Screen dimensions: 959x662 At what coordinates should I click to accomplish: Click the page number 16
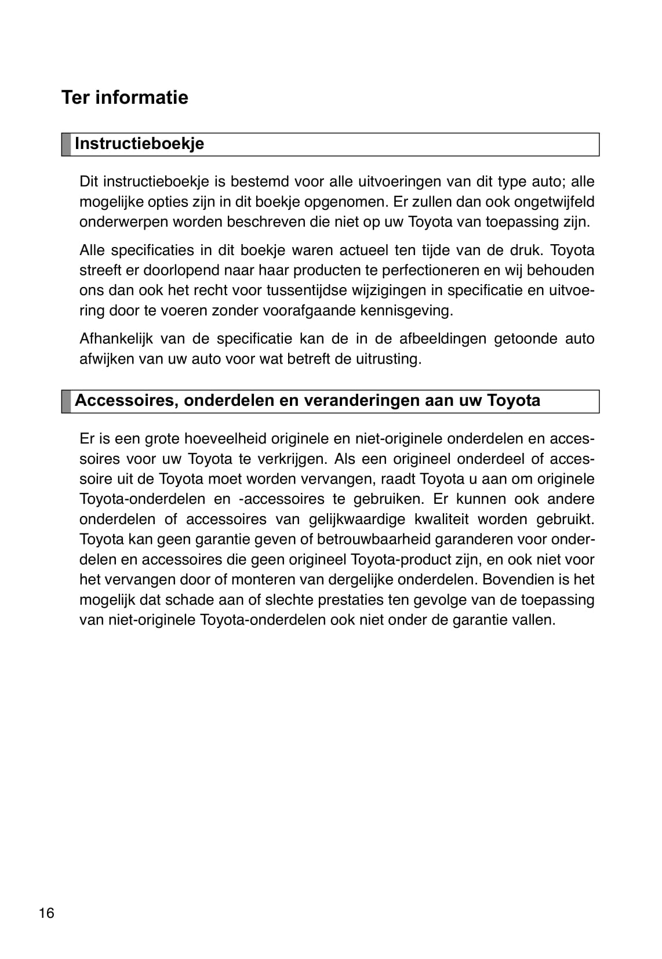46,913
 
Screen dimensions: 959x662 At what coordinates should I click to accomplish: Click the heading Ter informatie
125,97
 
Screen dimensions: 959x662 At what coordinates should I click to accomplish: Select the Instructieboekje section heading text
139,144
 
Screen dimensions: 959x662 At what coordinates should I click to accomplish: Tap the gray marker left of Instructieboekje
66,144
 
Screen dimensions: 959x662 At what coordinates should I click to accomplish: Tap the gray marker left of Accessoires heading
66,401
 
